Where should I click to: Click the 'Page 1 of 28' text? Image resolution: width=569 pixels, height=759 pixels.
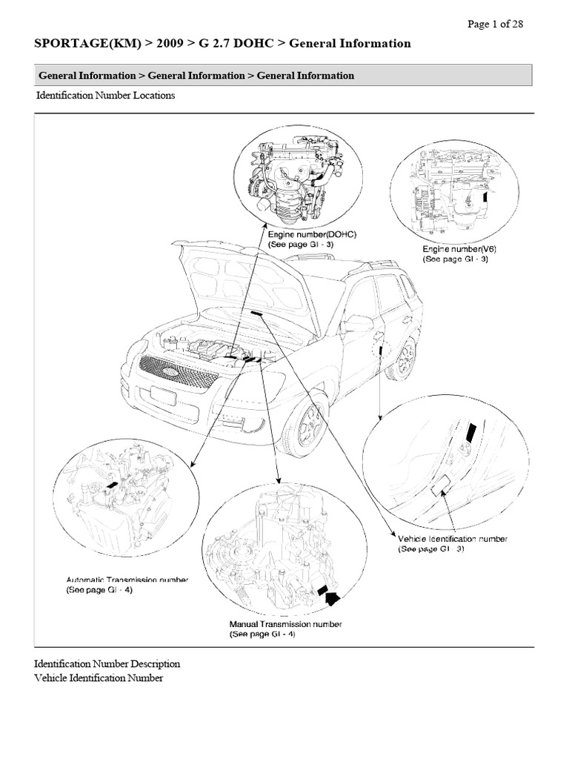pos(496,24)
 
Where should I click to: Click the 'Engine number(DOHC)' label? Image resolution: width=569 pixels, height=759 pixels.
pos(312,234)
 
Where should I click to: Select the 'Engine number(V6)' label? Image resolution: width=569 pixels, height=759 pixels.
pos(459,250)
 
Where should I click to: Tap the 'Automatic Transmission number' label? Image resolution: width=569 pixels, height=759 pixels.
pos(127,580)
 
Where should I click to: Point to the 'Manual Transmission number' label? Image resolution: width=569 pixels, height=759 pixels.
pos(285,625)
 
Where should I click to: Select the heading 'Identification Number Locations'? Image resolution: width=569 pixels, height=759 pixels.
pos(105,96)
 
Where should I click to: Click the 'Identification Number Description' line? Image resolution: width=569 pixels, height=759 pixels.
pos(107,663)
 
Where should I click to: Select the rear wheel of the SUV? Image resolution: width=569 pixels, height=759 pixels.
pos(405,359)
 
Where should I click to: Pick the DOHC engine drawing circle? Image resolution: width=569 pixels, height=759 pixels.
pos(299,175)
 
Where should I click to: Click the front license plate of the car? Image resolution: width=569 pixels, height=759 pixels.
pos(162,395)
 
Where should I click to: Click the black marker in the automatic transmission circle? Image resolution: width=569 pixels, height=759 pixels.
pos(113,484)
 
